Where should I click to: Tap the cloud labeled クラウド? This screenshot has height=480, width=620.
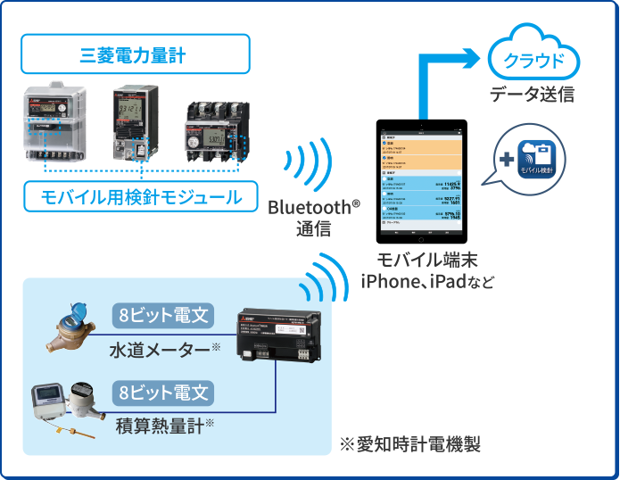tap(533, 61)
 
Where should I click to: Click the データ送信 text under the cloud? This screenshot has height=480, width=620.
tap(532, 95)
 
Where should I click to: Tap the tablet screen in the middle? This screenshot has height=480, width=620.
tap(420, 183)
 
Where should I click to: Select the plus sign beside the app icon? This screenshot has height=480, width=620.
tap(506, 160)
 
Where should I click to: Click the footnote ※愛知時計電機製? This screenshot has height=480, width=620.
tap(409, 444)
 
